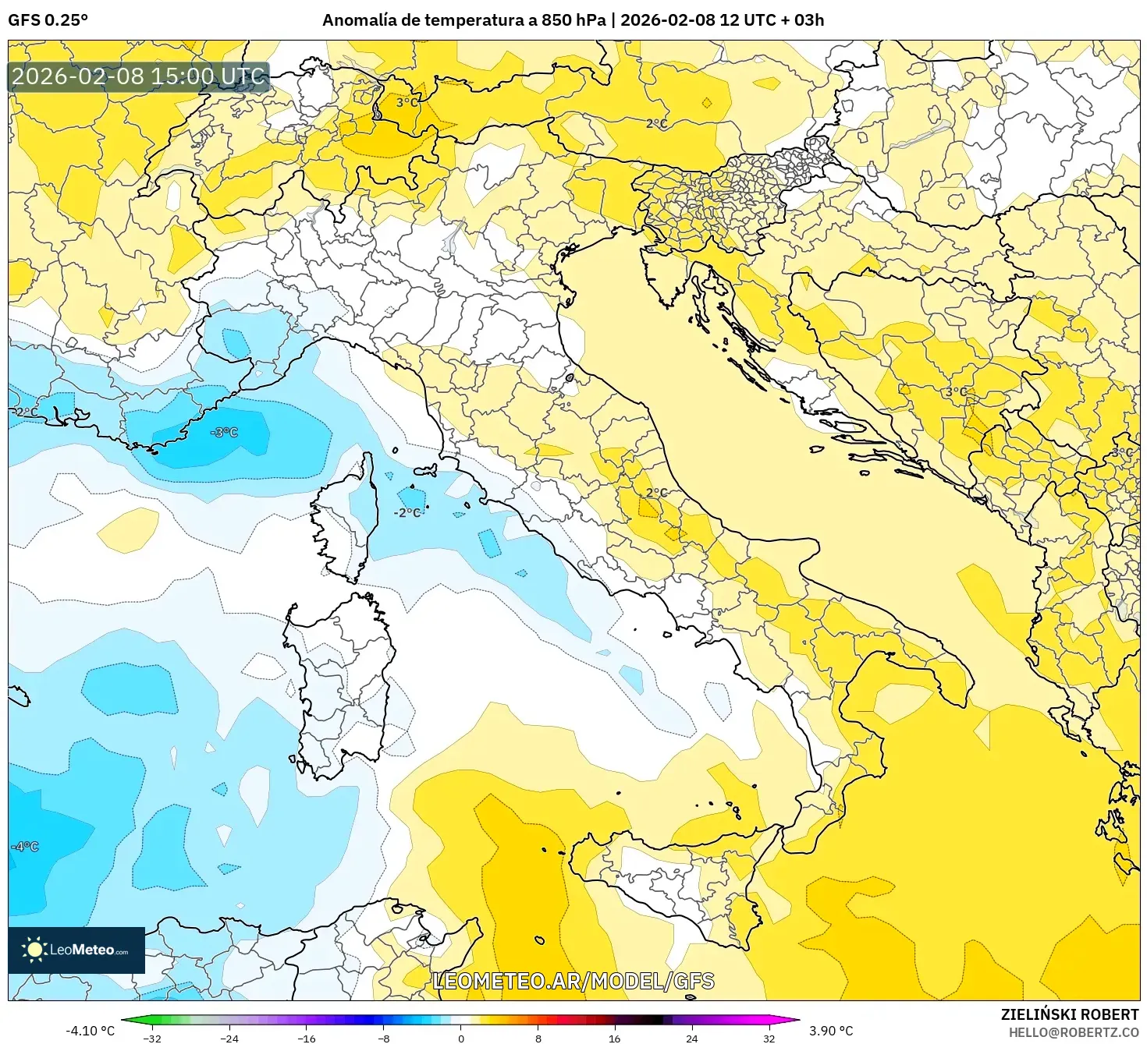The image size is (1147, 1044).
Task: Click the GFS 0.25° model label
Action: pos(48,20)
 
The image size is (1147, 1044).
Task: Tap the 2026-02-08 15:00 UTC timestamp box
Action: pos(139,76)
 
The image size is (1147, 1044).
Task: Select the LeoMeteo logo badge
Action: pos(76,950)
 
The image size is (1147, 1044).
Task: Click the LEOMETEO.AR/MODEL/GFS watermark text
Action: pos(573,981)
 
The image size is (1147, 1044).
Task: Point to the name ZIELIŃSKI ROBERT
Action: pos(1069,1014)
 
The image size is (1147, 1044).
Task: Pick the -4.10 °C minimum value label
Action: pos(90,1031)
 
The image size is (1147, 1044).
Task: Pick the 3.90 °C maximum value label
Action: pos(831,1031)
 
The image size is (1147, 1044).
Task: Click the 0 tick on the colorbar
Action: pos(461,1038)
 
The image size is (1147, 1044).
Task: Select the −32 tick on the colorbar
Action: pos(153,1038)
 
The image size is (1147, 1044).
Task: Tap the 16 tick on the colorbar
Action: pos(615,1038)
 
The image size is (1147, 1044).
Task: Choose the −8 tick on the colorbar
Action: pos(384,1038)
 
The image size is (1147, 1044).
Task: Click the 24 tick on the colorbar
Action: pos(692,1038)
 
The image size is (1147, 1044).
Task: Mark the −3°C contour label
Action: pos(225,433)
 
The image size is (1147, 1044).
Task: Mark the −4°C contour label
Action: pos(25,847)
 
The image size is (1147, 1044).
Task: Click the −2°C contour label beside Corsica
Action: pos(408,512)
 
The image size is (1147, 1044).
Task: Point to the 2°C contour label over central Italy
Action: pos(656,493)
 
